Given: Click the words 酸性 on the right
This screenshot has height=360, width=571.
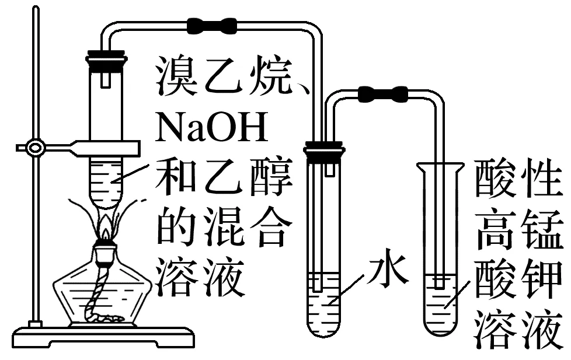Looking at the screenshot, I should tap(517, 180).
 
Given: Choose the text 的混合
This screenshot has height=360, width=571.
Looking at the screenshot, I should tap(222, 228).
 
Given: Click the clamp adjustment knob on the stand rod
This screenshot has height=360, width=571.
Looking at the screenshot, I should tap(35, 148).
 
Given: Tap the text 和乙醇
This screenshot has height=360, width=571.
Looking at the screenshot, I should tap(222, 180).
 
